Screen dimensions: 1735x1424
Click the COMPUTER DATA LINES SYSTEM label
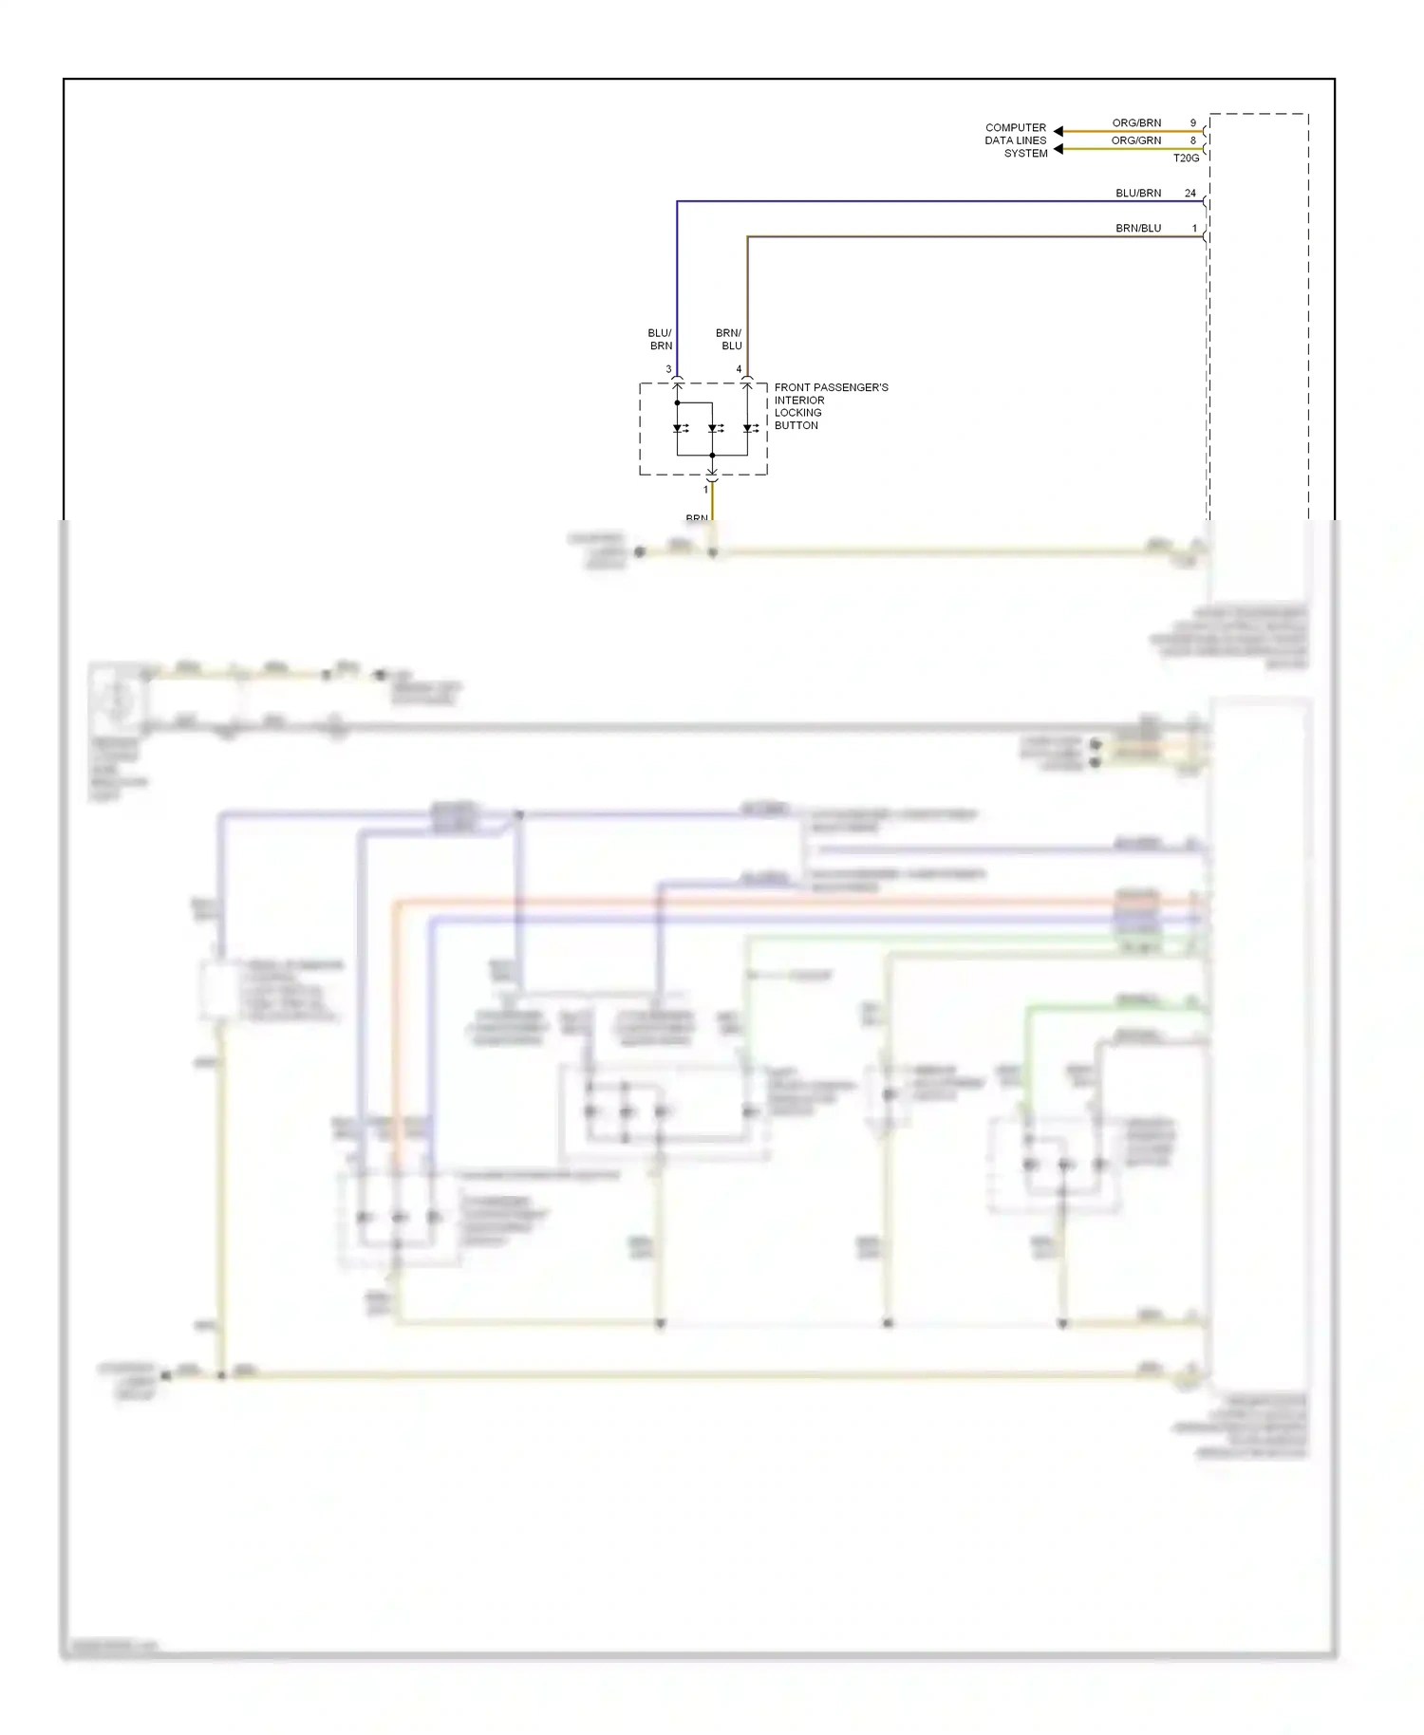click(x=1016, y=140)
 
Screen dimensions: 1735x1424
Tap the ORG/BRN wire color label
click(x=1136, y=123)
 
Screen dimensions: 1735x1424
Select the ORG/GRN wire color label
click(x=1136, y=140)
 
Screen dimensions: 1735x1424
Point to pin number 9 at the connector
click(x=1193, y=123)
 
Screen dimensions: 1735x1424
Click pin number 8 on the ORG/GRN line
click(x=1193, y=140)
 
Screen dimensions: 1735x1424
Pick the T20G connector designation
click(x=1186, y=159)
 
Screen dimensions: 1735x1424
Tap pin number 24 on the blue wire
click(x=1190, y=194)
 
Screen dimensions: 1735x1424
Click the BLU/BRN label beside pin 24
click(x=1138, y=194)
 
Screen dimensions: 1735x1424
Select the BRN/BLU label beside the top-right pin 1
click(x=1138, y=229)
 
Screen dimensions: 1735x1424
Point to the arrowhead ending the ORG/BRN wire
click(x=1059, y=131)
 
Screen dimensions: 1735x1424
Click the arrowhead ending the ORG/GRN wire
click(x=1059, y=149)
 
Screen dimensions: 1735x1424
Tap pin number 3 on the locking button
click(x=668, y=369)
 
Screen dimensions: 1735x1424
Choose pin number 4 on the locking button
click(x=739, y=369)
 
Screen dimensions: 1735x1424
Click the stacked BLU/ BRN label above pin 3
click(x=660, y=340)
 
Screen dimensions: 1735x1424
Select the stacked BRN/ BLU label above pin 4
click(x=729, y=340)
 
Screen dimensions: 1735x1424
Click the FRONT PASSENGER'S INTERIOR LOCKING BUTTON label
click(x=831, y=406)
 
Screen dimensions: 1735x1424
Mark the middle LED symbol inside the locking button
click(x=713, y=429)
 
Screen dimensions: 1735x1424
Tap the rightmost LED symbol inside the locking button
click(x=748, y=429)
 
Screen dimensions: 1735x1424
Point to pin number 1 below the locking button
click(x=705, y=490)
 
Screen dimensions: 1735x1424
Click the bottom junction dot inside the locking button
click(x=712, y=456)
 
